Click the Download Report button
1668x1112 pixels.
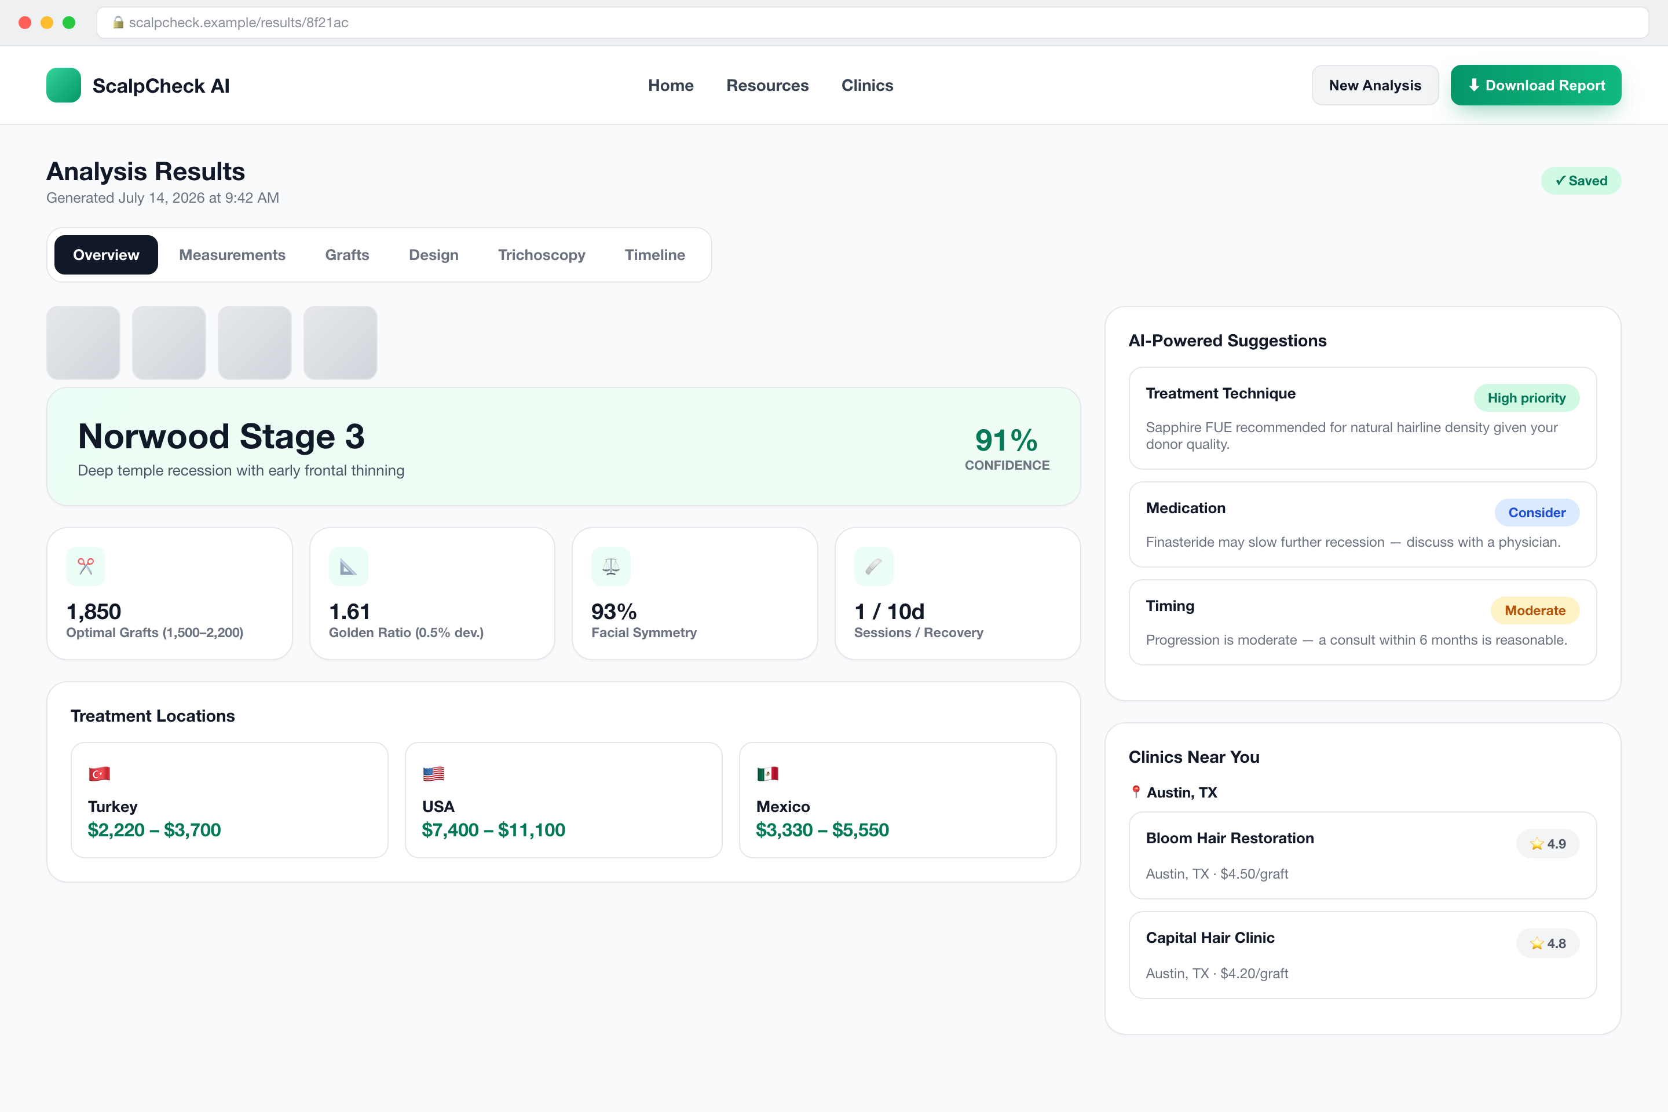(x=1535, y=85)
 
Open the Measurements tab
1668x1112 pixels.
(x=232, y=255)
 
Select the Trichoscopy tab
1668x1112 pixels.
(x=541, y=255)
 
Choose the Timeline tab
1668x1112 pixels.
(x=654, y=255)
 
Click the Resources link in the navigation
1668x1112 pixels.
(x=767, y=85)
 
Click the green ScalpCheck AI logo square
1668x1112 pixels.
(x=64, y=85)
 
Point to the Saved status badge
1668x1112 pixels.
(x=1581, y=181)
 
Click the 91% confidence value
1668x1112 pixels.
(x=1007, y=440)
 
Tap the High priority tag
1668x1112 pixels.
(x=1526, y=398)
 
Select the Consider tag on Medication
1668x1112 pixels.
(x=1537, y=513)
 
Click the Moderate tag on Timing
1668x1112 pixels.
(x=1535, y=610)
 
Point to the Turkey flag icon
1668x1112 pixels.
(x=99, y=774)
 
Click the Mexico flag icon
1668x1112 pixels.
(x=767, y=774)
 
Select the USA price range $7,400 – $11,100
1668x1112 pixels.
(x=493, y=830)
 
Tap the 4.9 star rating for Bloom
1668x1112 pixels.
(x=1548, y=844)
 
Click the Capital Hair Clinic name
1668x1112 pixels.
(x=1210, y=938)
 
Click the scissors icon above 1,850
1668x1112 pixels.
(x=86, y=566)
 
